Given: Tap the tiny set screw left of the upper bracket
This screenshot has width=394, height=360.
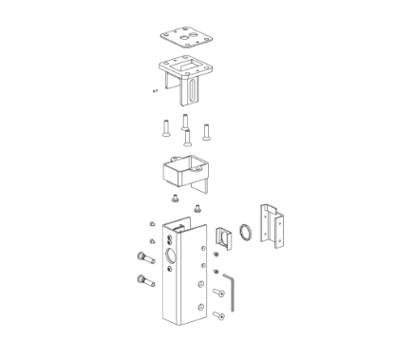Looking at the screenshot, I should [x=154, y=91].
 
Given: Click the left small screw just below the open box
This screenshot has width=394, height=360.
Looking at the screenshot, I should [x=175, y=199].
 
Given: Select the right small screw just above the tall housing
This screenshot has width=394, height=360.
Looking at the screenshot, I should [x=197, y=208].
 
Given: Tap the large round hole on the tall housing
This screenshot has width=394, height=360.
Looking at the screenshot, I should [x=171, y=256].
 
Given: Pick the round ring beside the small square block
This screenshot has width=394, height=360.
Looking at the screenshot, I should [x=244, y=234].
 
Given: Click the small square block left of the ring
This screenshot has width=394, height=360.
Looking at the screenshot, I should [x=223, y=238].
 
